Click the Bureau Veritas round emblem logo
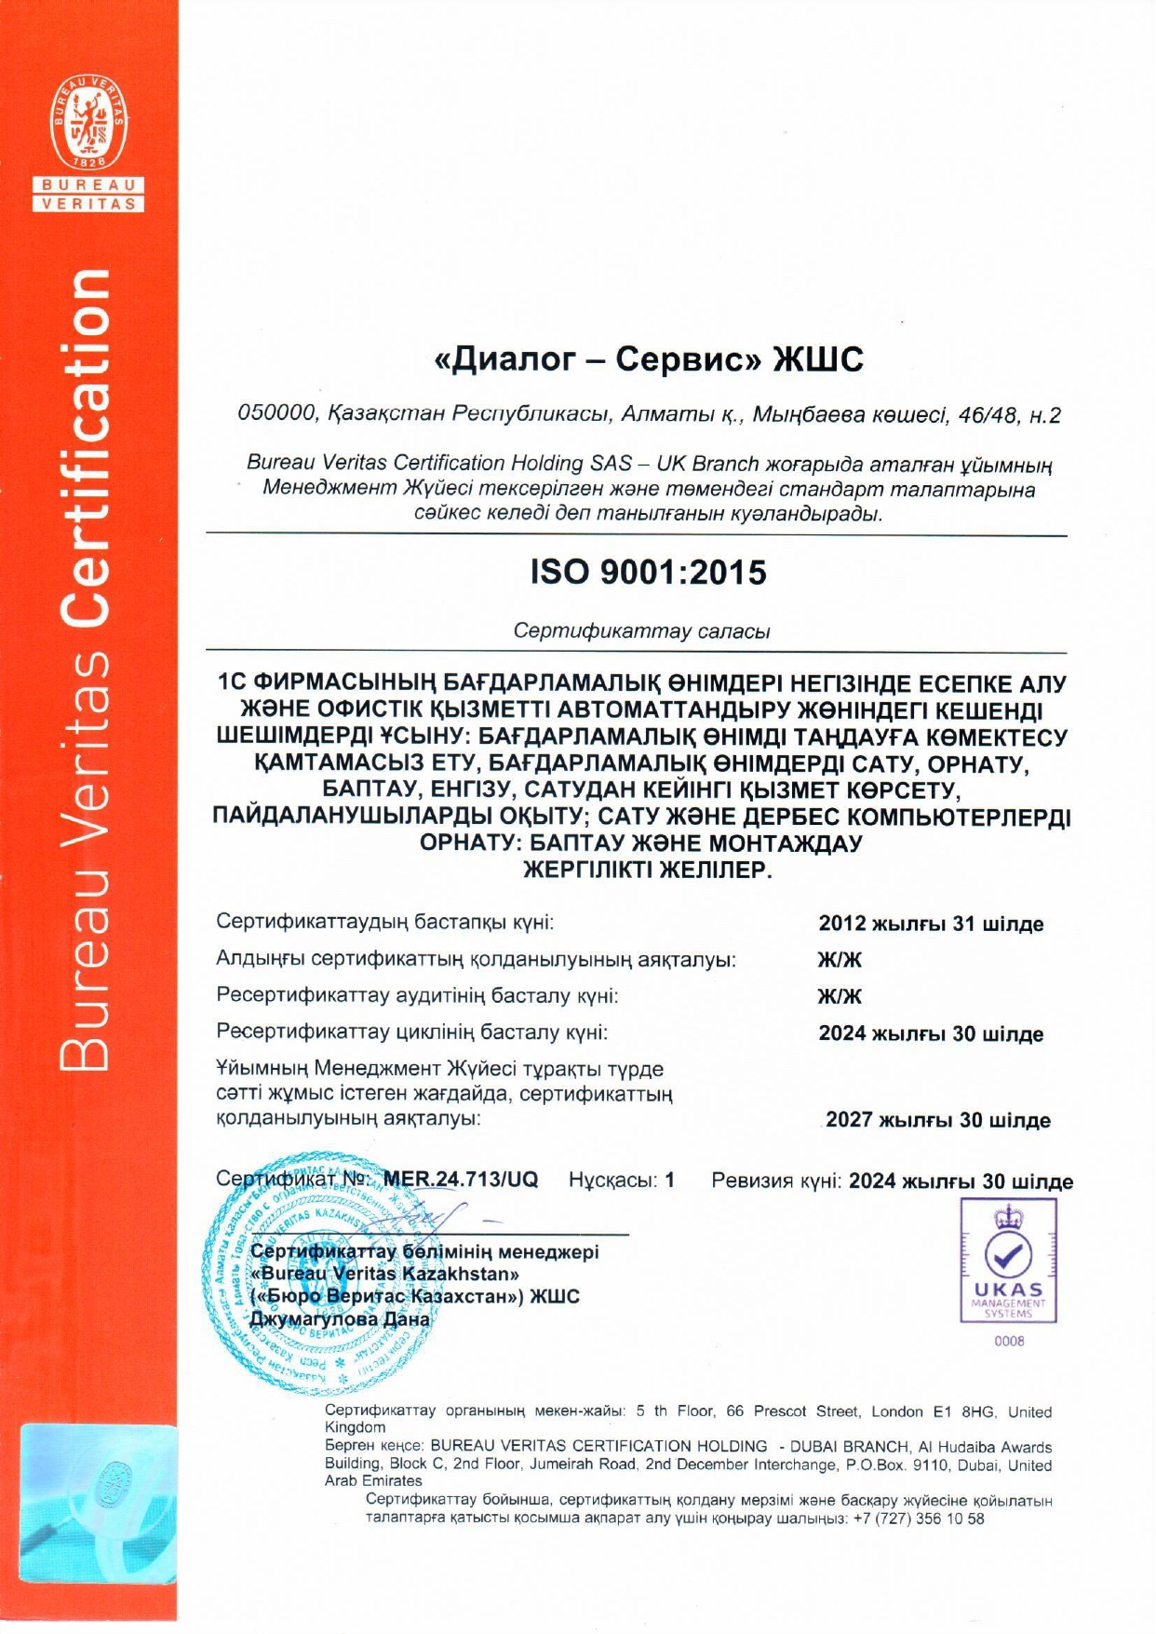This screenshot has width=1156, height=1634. pos(88,126)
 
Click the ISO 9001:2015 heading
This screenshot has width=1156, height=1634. pos(649,572)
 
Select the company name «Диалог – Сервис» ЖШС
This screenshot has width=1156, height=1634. pos(649,359)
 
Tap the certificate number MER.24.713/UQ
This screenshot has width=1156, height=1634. pos(461,1180)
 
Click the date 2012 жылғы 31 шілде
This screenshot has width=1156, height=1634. pos(931,924)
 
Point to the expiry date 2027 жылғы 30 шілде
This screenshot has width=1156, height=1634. pos(937,1120)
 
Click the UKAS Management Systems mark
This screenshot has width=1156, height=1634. pos(1008,1261)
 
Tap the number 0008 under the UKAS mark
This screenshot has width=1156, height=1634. pos(1009,1342)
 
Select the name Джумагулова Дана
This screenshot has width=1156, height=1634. pos(341,1319)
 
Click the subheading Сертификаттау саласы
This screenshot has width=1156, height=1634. pos(641,631)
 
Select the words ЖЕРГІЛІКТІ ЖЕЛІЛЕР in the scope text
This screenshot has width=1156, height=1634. pos(648,871)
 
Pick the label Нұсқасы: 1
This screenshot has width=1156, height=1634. pos(621,1181)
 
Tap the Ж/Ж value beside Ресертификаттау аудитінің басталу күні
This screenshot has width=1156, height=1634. pos(840,996)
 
